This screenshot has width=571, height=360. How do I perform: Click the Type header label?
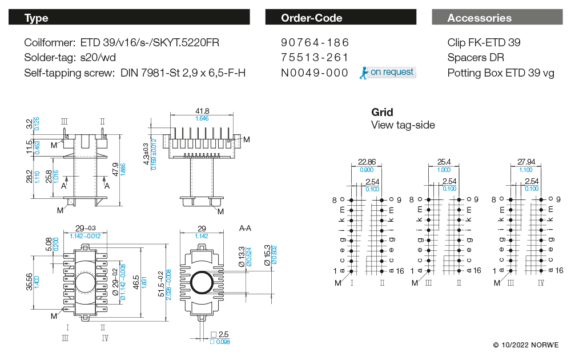(x=37, y=18)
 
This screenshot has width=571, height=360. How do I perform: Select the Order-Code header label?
(x=311, y=18)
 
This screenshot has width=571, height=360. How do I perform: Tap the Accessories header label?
(x=479, y=18)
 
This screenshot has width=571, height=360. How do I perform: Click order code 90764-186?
(x=315, y=43)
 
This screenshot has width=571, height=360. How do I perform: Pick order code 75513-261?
(x=315, y=58)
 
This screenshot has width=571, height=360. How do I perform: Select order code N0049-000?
(x=315, y=73)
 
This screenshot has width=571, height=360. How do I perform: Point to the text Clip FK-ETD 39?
(x=484, y=43)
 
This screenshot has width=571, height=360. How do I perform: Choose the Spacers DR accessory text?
(x=476, y=58)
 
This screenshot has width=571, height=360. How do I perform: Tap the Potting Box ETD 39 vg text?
(x=501, y=73)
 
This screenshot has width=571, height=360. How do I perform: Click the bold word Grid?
(x=382, y=112)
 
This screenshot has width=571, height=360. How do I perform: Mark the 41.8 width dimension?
(x=202, y=111)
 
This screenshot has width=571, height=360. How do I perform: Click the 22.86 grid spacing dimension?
(x=367, y=162)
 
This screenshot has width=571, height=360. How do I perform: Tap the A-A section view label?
(x=245, y=228)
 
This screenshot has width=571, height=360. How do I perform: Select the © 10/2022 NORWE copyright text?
(x=526, y=345)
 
